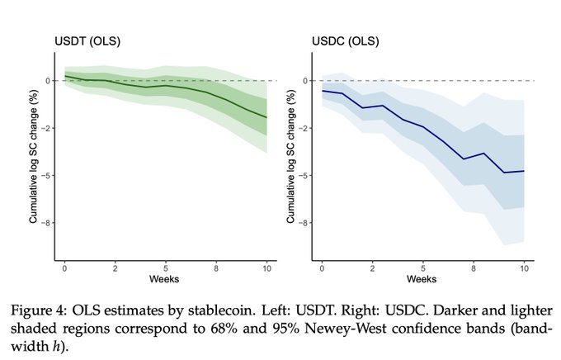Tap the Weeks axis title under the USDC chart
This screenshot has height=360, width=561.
tap(422, 279)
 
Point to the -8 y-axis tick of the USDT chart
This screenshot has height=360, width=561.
tap(48, 222)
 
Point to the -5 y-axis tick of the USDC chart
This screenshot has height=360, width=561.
tap(305, 175)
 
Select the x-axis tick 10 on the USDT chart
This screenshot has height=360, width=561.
tap(266, 268)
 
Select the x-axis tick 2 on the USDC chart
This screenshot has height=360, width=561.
tap(373, 268)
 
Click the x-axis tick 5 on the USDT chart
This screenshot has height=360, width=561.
tap(166, 268)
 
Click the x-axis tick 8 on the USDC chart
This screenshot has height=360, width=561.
tap(474, 268)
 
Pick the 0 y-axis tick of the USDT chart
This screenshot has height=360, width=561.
tap(48, 81)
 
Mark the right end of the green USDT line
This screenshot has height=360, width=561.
tap(266, 118)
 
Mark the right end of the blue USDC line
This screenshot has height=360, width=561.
tap(524, 171)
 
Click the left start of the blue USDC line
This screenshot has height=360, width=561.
tap(323, 91)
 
